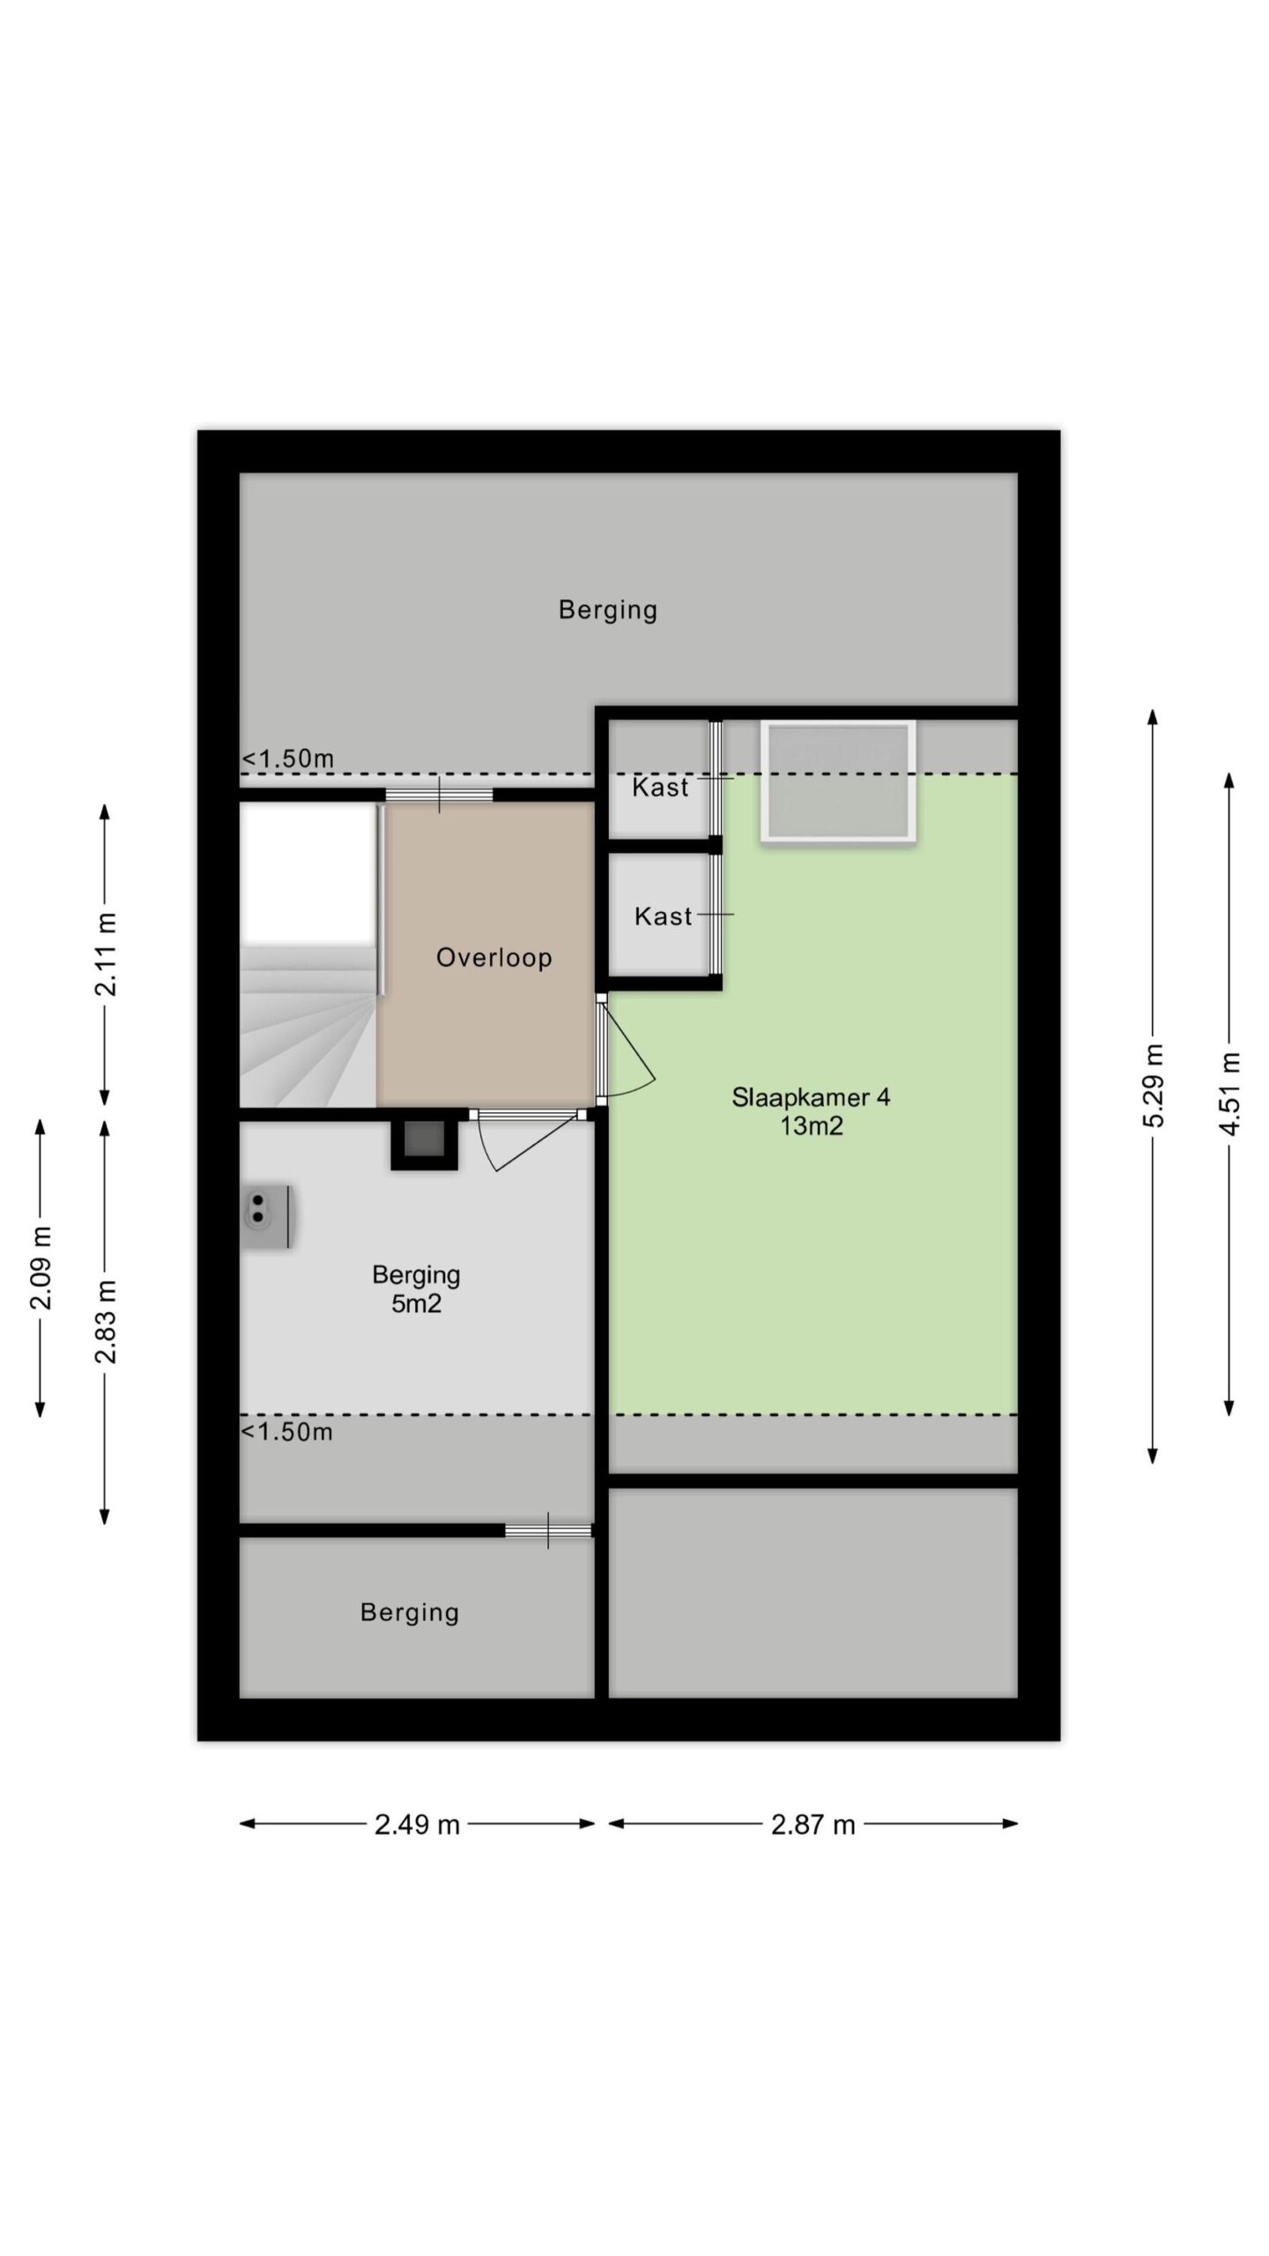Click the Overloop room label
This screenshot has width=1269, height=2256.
click(493, 957)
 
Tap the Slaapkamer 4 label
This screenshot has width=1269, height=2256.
click(811, 1097)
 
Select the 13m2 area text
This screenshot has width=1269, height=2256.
click(811, 1126)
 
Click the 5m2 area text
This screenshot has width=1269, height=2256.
click(416, 1303)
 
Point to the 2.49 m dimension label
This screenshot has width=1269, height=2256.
click(417, 1824)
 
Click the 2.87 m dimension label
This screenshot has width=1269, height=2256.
click(813, 1824)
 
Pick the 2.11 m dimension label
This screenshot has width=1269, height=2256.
click(105, 954)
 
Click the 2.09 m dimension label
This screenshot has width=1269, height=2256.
click(41, 1267)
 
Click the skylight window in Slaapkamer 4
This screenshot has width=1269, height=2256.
click(838, 781)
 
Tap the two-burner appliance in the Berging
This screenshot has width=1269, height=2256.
click(267, 1216)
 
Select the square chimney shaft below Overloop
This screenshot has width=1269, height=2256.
click(424, 1143)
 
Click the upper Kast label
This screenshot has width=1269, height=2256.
click(660, 787)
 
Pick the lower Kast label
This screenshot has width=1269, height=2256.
click(663, 916)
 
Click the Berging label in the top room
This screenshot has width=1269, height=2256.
click(608, 610)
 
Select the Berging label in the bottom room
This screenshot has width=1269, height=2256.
click(410, 1613)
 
